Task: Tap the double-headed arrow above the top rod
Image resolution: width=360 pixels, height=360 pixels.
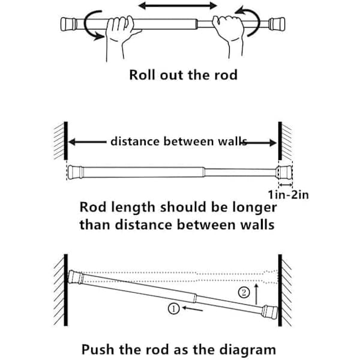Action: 178,6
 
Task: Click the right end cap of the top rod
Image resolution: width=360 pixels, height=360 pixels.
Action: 277,24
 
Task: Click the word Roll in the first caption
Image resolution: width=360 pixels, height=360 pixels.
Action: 142,75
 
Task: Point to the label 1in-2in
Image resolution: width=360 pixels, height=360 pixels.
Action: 289,195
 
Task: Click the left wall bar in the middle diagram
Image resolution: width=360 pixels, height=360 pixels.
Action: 65,140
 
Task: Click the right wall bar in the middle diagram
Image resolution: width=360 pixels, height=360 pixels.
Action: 280,141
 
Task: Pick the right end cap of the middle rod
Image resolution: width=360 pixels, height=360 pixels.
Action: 284,172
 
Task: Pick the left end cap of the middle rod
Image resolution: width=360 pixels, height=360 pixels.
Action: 76,172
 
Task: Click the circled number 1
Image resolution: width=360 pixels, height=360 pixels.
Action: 174,308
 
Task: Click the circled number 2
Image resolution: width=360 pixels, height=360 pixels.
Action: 244,293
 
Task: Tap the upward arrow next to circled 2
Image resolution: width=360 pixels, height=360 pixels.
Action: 256,294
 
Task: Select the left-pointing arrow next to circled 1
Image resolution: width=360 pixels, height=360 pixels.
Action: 193,309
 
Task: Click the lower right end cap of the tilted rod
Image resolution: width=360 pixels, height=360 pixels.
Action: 270,312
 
